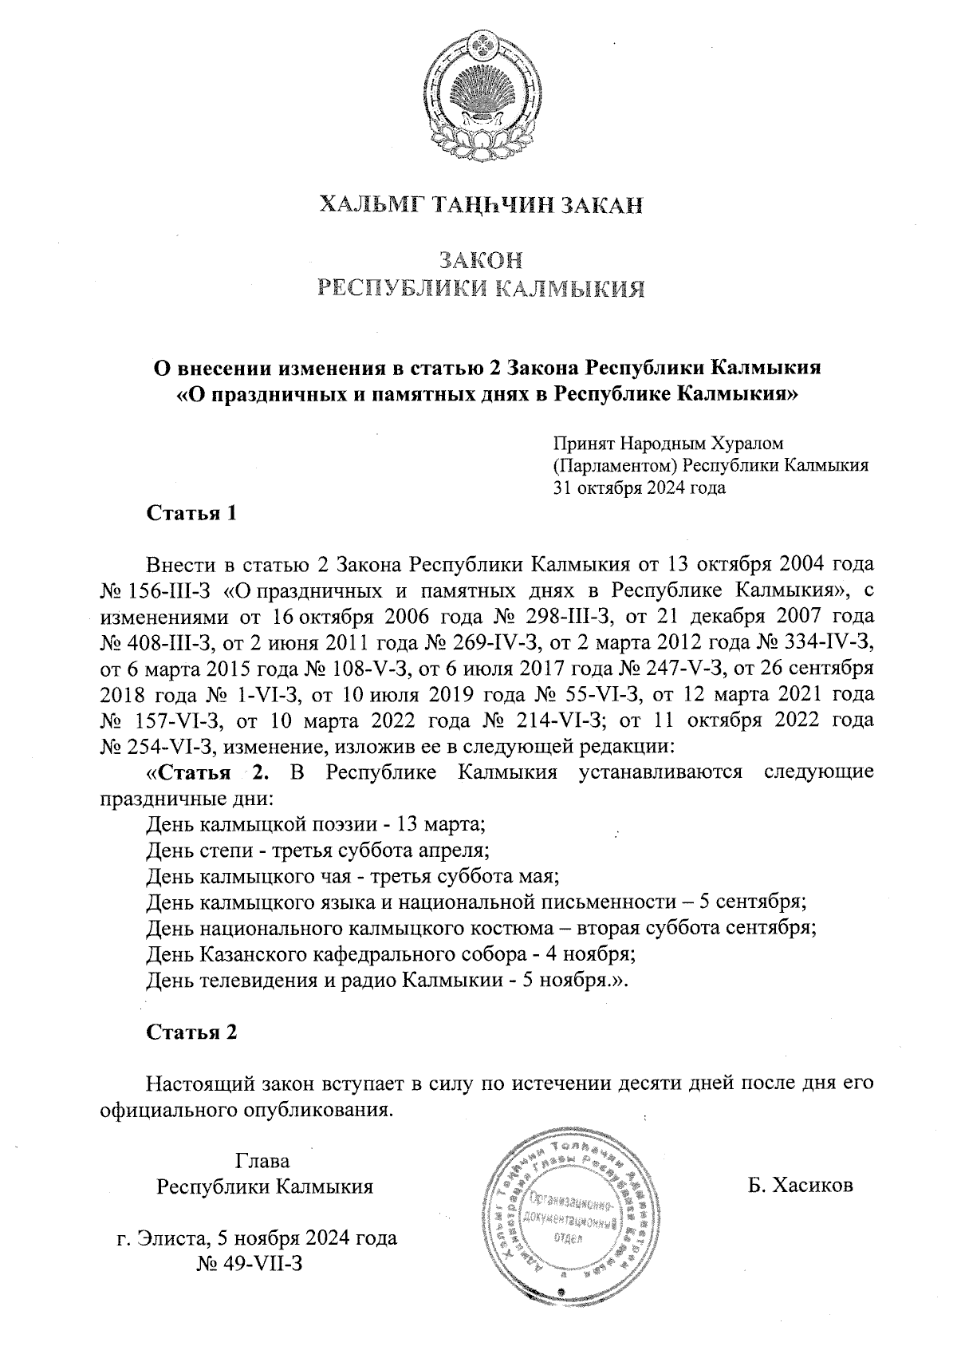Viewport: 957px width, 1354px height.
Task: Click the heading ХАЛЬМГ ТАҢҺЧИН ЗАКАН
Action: coord(480,207)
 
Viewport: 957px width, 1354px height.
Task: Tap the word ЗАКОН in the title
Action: coord(480,260)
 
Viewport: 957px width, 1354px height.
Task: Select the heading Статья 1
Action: coord(191,513)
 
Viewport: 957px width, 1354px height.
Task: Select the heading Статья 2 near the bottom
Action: coord(191,1032)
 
